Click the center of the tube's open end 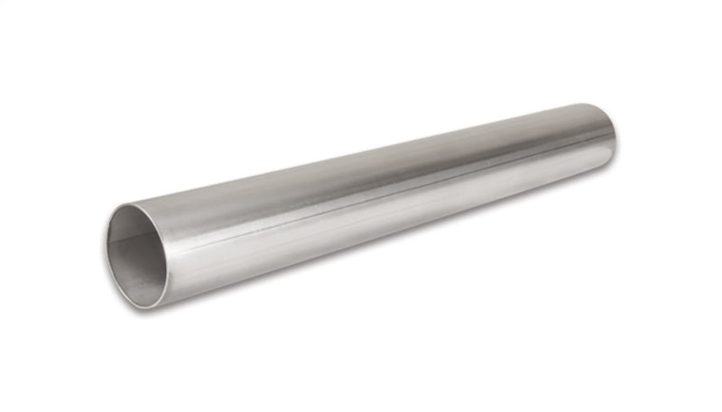pos(138,254)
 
